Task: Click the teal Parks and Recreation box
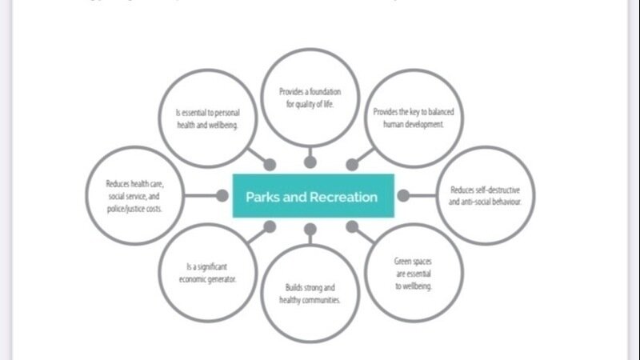312,195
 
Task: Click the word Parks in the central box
262,197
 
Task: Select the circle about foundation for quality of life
310,99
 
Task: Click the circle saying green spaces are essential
414,274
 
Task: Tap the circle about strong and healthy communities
310,294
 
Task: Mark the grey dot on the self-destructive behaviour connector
404,195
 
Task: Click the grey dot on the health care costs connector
222,195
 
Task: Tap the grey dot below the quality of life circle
310,162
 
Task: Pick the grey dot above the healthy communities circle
310,229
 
